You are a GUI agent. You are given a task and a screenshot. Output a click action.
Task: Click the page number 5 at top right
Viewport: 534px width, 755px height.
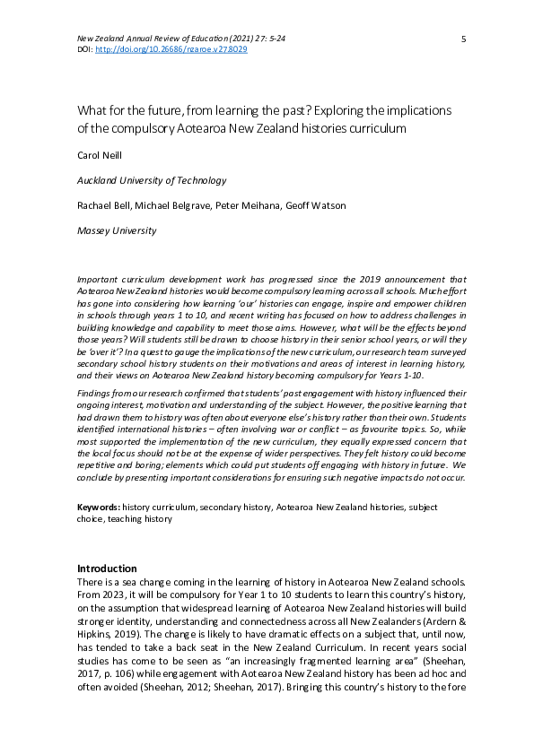pos(463,39)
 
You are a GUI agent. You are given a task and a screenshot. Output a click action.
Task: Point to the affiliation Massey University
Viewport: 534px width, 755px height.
pos(117,230)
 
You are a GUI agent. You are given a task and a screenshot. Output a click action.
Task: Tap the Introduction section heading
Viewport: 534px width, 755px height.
pos(107,568)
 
